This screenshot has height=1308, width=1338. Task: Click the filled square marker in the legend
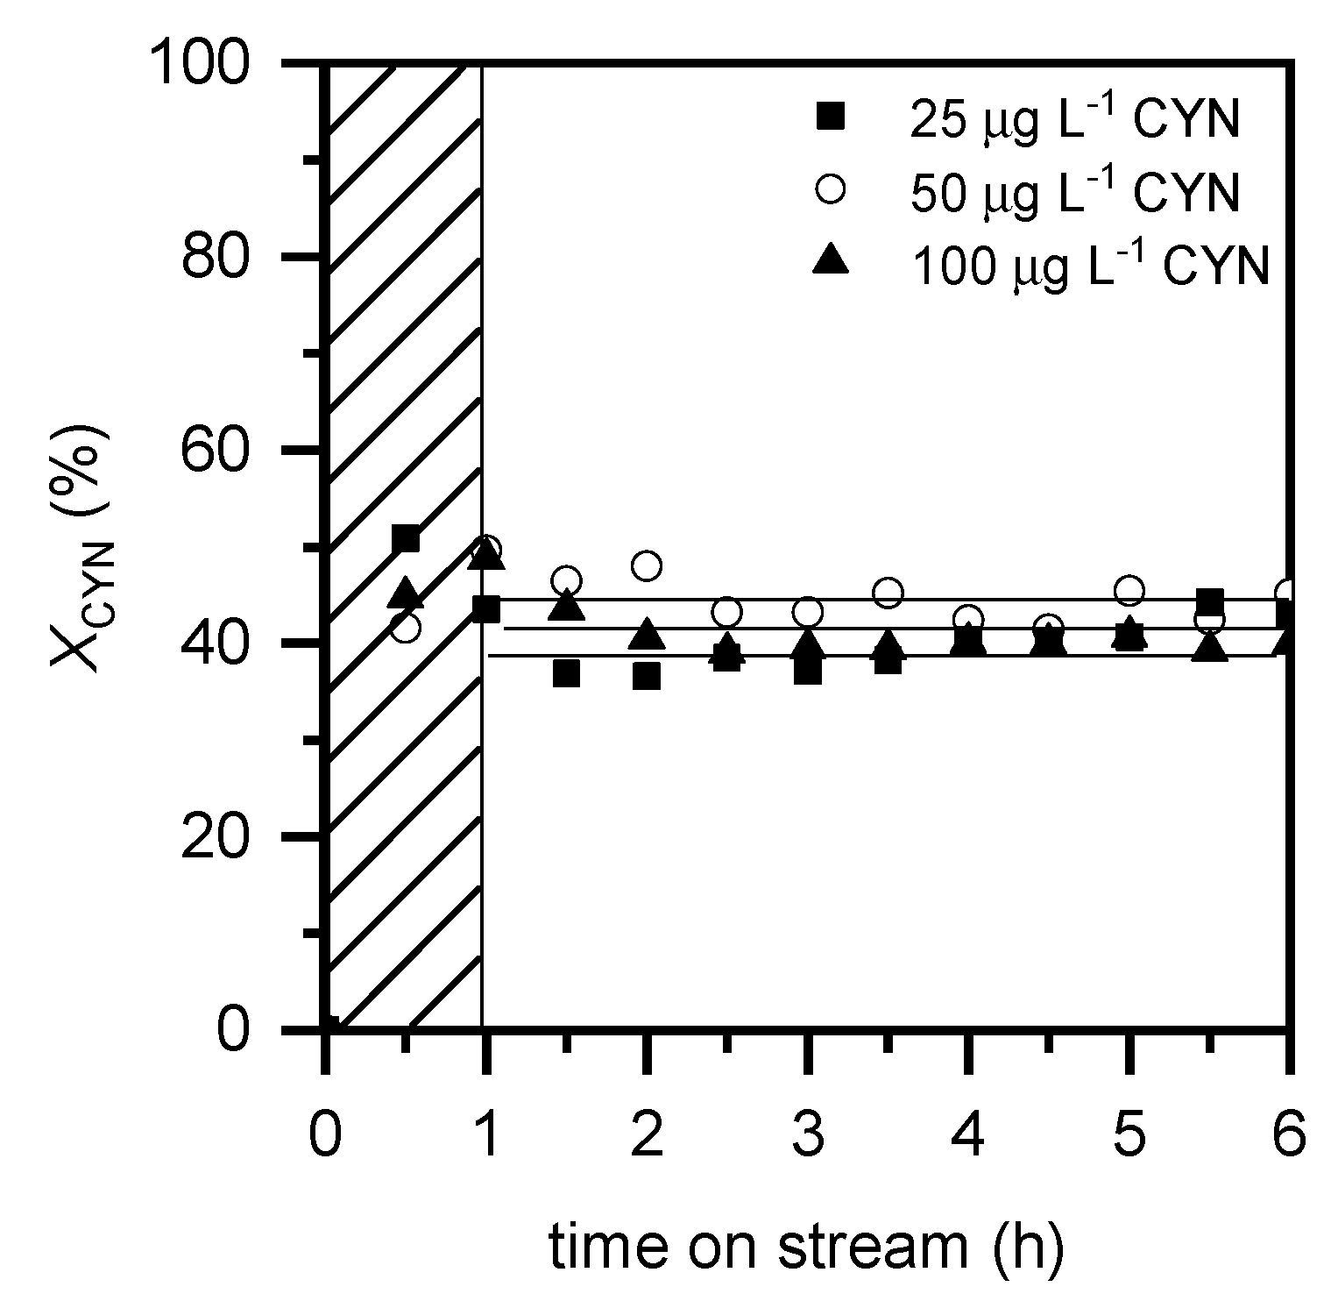click(830, 117)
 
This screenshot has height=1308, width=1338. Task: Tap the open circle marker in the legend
click(830, 188)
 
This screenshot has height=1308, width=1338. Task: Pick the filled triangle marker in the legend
click(830, 260)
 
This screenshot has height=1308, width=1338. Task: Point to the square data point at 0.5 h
click(405, 539)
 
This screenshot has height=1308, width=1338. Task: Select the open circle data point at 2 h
click(646, 565)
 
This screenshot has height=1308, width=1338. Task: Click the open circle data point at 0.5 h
click(405, 627)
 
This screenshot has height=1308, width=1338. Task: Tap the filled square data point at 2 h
click(646, 676)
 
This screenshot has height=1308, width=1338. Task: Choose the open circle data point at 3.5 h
click(888, 594)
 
